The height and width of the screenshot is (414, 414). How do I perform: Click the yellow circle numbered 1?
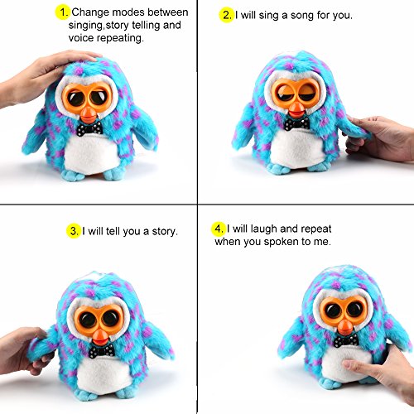tap(63, 12)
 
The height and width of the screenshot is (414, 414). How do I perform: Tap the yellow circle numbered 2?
tap(227, 15)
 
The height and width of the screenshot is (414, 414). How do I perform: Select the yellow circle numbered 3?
tap(74, 231)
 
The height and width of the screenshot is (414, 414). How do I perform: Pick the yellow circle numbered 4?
tap(219, 229)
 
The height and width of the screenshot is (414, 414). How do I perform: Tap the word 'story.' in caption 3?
tap(165, 232)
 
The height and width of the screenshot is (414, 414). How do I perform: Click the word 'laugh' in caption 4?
tap(264, 229)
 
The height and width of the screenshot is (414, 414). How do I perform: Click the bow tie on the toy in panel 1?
tap(89, 129)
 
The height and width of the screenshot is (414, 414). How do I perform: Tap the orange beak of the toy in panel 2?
tap(296, 110)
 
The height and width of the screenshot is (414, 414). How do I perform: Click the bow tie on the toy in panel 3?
tap(102, 351)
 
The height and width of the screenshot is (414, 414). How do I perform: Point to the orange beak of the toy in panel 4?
tap(345, 327)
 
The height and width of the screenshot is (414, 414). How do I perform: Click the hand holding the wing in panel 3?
tap(23, 350)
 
